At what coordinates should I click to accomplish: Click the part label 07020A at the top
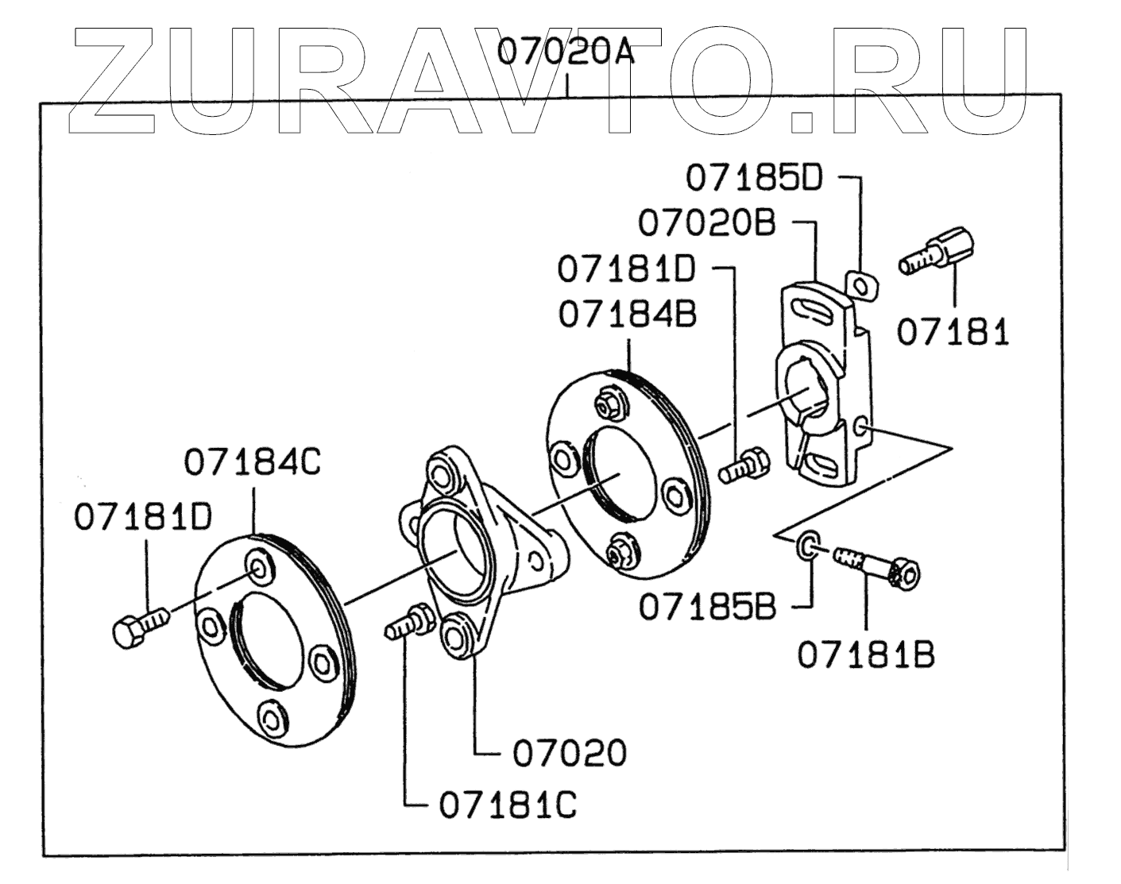(566, 52)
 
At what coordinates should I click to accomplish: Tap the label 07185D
(754, 178)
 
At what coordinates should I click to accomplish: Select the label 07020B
(707, 223)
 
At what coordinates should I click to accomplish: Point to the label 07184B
(627, 315)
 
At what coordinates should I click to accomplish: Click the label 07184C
(253, 462)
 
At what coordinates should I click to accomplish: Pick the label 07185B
(707, 608)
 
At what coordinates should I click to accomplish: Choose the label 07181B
(866, 654)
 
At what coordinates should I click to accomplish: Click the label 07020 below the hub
(570, 753)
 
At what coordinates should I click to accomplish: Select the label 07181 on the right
(953, 332)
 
